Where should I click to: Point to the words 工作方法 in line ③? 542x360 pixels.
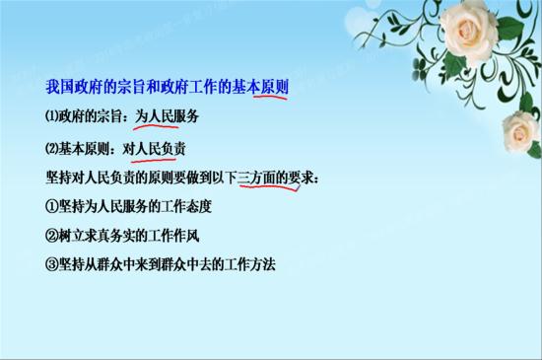(251, 264)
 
